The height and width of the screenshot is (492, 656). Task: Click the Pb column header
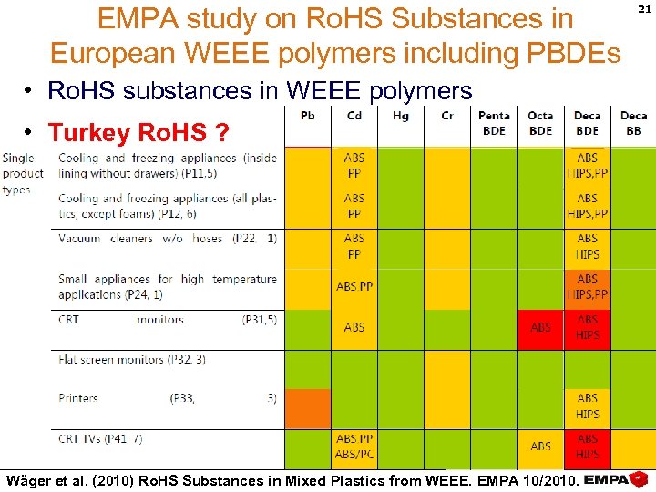tap(308, 116)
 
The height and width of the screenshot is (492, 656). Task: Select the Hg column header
tap(400, 116)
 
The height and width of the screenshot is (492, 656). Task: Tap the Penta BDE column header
tap(494, 123)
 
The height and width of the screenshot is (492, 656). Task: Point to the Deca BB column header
tap(633, 123)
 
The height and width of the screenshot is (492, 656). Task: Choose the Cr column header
tap(446, 116)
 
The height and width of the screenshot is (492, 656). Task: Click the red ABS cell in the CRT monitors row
tap(540, 327)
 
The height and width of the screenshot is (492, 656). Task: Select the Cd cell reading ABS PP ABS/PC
tap(354, 446)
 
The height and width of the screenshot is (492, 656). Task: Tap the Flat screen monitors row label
tap(132, 359)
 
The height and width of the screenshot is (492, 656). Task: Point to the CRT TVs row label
tap(100, 438)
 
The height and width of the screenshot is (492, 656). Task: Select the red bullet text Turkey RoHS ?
tap(138, 133)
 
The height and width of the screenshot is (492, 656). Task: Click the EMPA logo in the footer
tap(616, 479)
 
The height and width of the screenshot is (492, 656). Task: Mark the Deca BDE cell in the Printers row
tap(588, 405)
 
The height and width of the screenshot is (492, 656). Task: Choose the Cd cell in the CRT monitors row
tap(354, 327)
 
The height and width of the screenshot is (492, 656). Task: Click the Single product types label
tap(23, 173)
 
